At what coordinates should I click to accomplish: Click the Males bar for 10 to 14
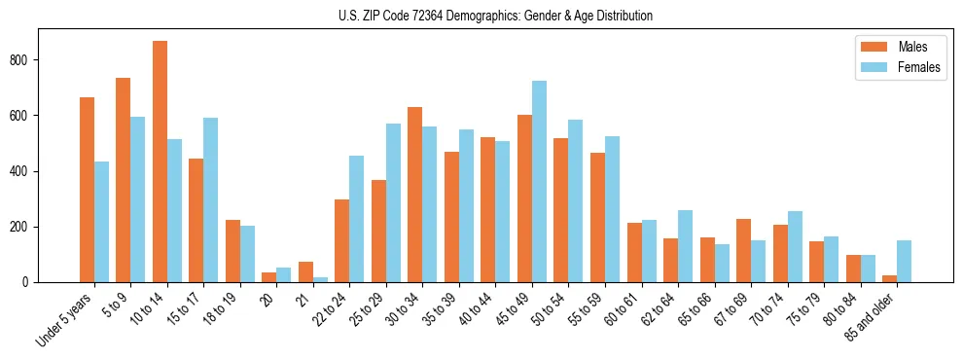160,162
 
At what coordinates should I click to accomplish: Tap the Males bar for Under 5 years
87,190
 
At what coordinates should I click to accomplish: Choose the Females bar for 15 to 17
210,200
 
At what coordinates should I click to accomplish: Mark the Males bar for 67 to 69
743,251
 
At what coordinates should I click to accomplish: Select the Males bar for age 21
305,271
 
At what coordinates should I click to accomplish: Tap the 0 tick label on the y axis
31,282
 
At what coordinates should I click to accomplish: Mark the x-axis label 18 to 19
219,305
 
